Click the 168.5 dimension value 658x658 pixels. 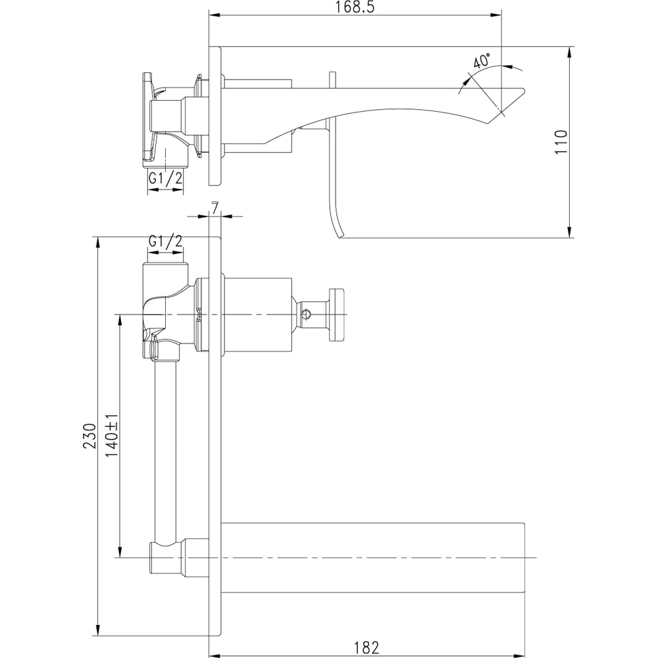(355, 7)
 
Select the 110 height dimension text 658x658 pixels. (561, 142)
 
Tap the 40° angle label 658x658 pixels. (482, 61)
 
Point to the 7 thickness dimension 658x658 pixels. (215, 207)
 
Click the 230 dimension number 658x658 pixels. (89, 436)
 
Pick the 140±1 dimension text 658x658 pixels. (112, 436)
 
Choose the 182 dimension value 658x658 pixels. (367, 647)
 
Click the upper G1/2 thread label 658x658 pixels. (166, 178)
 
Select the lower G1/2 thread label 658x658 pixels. (166, 241)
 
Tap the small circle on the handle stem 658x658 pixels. (307, 314)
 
